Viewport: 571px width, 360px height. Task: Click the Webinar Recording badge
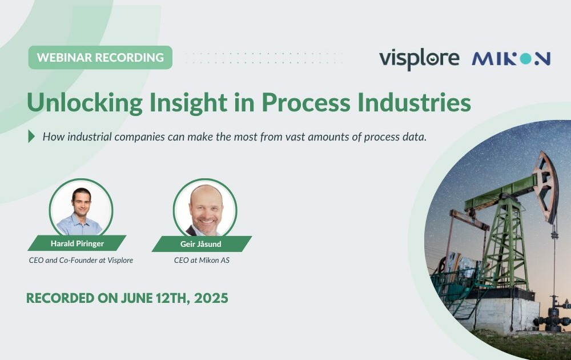pyautogui.click(x=100, y=57)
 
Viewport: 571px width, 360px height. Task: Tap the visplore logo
pyautogui.click(x=419, y=59)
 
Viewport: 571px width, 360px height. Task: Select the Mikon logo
pyautogui.click(x=511, y=59)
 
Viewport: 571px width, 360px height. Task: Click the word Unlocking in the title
pyautogui.click(x=85, y=103)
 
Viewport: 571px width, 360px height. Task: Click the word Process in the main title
pyautogui.click(x=306, y=102)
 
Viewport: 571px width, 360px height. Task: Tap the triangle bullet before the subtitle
pyautogui.click(x=31, y=136)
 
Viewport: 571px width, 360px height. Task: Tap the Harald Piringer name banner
pyautogui.click(x=77, y=243)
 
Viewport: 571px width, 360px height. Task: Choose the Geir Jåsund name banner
pyautogui.click(x=202, y=244)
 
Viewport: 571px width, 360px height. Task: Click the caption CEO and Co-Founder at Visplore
pyautogui.click(x=81, y=260)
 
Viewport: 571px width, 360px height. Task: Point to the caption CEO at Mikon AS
pyautogui.click(x=202, y=260)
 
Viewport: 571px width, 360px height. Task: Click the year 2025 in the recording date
pyautogui.click(x=211, y=298)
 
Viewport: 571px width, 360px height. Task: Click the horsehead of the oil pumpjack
pyautogui.click(x=545, y=185)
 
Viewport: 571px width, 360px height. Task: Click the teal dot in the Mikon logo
pyautogui.click(x=525, y=59)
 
